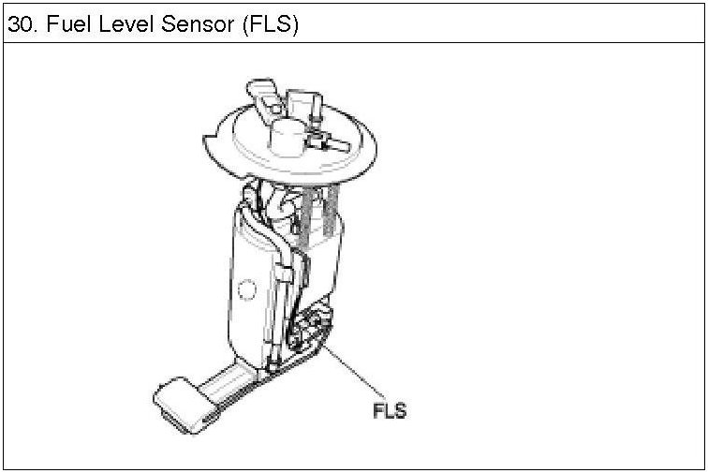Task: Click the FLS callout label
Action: pyautogui.click(x=390, y=409)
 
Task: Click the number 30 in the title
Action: pyautogui.click(x=18, y=24)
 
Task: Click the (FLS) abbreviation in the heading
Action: pyautogui.click(x=269, y=24)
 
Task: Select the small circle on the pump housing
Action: pyautogui.click(x=247, y=291)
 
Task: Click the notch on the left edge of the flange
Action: pyautogui.click(x=210, y=145)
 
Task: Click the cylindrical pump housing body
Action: pyautogui.click(x=253, y=281)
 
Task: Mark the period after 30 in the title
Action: pyautogui.click(x=32, y=30)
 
